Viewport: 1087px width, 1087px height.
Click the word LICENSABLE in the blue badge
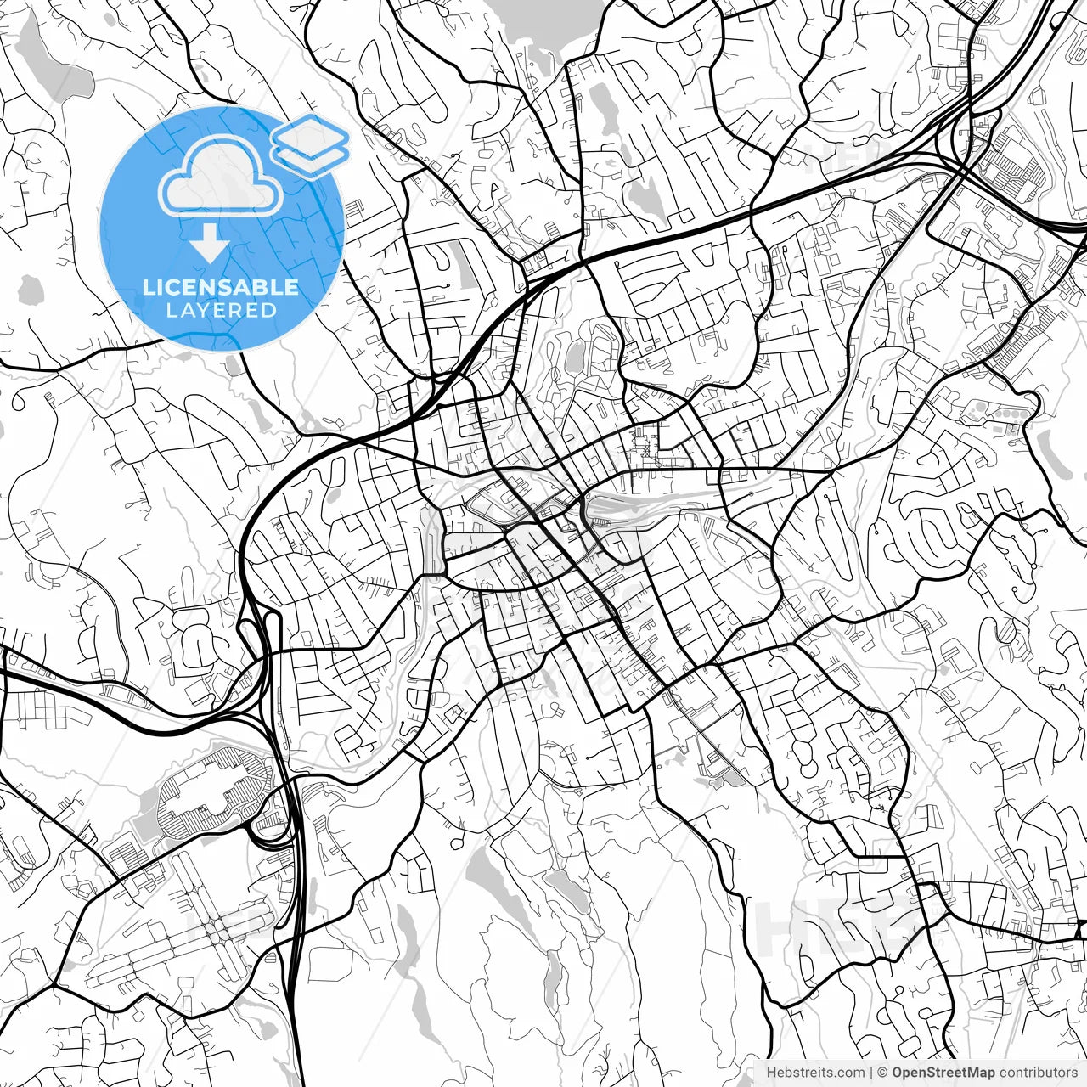221,287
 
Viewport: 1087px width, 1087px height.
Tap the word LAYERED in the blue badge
221,311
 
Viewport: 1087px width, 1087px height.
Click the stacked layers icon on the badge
311,144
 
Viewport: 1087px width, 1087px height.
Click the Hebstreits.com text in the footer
815,1073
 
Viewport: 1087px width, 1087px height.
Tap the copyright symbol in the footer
883,1073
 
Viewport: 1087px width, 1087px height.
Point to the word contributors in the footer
1038,1073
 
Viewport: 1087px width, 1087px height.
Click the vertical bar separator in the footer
872,1073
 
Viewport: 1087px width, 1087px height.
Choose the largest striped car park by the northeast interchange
1015,166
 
